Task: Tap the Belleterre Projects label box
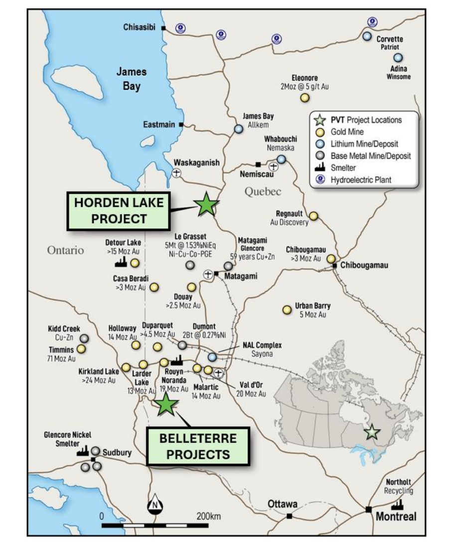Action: (x=197, y=446)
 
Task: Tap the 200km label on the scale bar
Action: (x=208, y=516)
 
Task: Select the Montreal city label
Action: (x=396, y=516)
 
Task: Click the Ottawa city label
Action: (x=283, y=504)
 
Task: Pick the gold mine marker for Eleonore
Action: (x=304, y=98)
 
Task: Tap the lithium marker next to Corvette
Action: (x=367, y=36)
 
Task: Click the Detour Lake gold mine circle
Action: (x=135, y=263)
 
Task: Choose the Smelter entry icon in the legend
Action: (x=321, y=168)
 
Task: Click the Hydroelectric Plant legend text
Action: (x=361, y=180)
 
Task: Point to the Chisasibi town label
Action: (x=141, y=28)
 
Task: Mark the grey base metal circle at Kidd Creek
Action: (x=85, y=338)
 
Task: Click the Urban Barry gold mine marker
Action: (x=287, y=310)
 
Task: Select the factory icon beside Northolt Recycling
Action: (x=397, y=505)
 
